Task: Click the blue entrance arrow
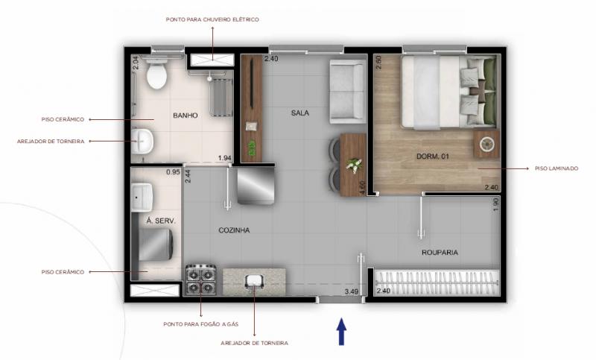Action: point(341,332)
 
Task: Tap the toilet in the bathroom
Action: point(156,72)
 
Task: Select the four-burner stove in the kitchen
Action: point(200,280)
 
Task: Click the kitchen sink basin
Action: point(254,281)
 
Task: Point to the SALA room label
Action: point(300,113)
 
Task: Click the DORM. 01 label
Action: point(433,157)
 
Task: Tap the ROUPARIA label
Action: point(440,253)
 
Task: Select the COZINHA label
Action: point(234,230)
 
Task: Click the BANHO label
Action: point(186,116)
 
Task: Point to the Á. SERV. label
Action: point(161,221)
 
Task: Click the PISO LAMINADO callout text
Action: point(557,168)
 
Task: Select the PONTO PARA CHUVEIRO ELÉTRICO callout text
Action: point(212,19)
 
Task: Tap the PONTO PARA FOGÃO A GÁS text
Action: point(201,324)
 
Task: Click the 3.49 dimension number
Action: point(352,291)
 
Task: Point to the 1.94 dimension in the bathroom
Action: point(225,158)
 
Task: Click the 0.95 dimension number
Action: point(173,172)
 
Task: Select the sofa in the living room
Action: point(348,91)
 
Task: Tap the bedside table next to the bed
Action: point(486,144)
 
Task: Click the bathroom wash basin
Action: point(142,141)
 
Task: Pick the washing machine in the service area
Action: point(156,244)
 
